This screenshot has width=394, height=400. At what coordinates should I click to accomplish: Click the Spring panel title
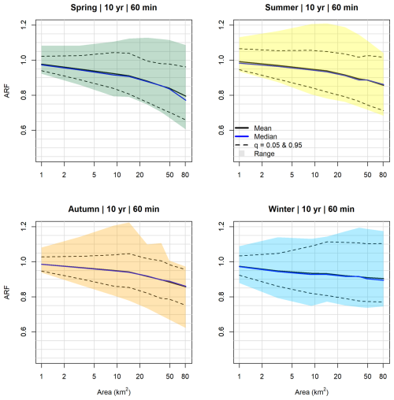pos(113,8)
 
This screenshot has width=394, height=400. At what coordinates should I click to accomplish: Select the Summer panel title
pos(311,8)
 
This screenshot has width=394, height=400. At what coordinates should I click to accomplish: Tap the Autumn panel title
pos(113,209)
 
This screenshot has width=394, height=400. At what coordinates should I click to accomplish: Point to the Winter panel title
pos(311,209)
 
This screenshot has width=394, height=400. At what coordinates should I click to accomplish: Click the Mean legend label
pos(262,128)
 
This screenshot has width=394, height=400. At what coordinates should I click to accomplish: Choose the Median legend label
pos(266,136)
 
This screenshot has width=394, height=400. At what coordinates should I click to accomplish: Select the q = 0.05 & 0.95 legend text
pos(278,145)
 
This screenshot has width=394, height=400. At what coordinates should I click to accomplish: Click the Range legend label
pos(264,154)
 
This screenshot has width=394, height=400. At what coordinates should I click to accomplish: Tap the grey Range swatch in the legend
pos(242,154)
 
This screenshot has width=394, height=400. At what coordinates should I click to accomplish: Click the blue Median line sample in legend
pos(242,136)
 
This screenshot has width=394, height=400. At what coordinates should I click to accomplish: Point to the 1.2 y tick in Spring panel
pos(24,25)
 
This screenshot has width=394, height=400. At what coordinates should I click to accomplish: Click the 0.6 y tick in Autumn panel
pos(24,331)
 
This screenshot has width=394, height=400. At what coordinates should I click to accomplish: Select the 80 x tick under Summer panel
pos(383,175)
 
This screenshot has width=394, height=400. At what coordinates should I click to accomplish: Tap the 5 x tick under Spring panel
pos(94,175)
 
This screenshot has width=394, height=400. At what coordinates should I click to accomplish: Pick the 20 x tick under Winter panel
pos(337,376)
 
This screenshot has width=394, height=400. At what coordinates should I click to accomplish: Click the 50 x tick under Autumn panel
pos(169,376)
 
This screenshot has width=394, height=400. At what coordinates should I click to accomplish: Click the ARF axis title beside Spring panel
pos(7,91)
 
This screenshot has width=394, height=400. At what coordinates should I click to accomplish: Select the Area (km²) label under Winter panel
pos(311,392)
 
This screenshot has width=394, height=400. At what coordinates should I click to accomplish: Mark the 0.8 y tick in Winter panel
pos(221,297)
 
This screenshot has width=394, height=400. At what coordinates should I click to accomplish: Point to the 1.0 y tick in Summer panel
pos(221,60)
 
